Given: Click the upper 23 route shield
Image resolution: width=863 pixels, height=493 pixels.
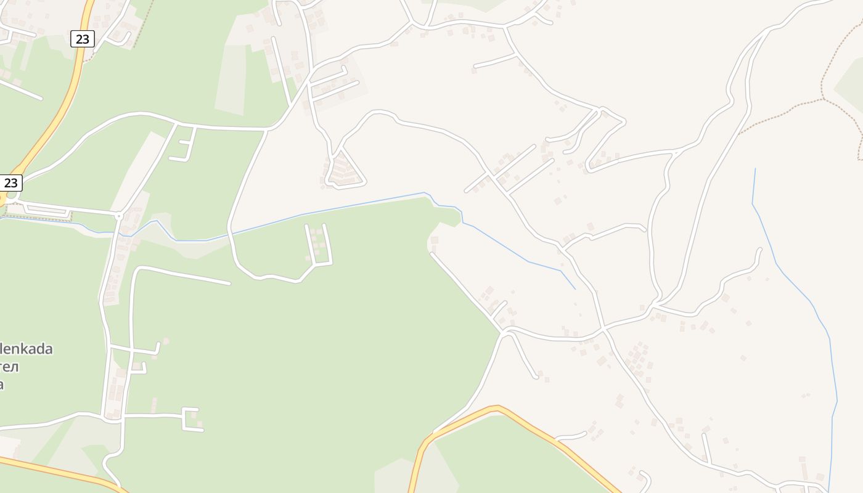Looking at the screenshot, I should (82, 39).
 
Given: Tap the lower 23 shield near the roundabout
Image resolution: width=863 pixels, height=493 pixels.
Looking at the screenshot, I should (11, 183).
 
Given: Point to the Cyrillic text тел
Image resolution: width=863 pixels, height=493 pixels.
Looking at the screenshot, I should (9, 367).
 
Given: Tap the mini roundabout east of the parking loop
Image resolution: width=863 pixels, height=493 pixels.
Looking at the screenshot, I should (118, 216).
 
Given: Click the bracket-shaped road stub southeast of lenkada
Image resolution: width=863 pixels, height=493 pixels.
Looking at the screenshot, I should (189, 419).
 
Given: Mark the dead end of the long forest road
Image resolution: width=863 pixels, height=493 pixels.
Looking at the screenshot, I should (229, 283).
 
